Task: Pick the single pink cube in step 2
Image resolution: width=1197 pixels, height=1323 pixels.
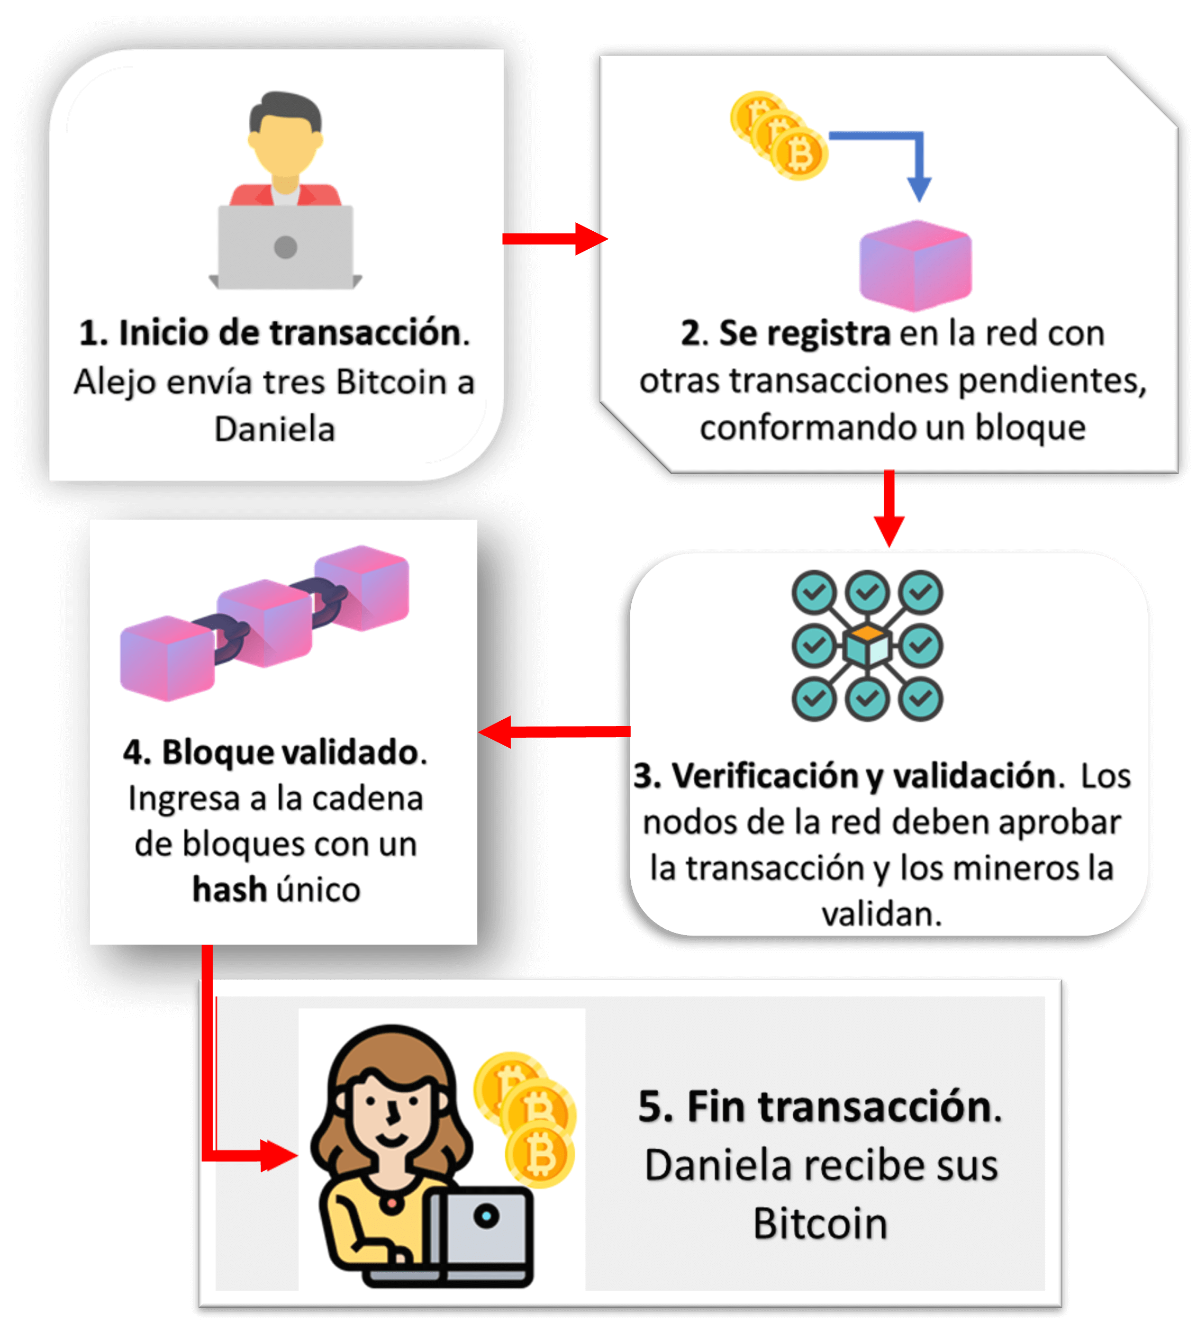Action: point(915,266)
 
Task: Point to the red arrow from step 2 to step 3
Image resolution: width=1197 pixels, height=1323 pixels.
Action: point(889,509)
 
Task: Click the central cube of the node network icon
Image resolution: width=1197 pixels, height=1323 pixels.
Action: point(867,646)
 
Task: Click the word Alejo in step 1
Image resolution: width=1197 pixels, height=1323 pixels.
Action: point(115,382)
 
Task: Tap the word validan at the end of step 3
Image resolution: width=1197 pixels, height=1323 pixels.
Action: point(881,914)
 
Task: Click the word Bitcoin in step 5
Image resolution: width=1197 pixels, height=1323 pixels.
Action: point(820,1224)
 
